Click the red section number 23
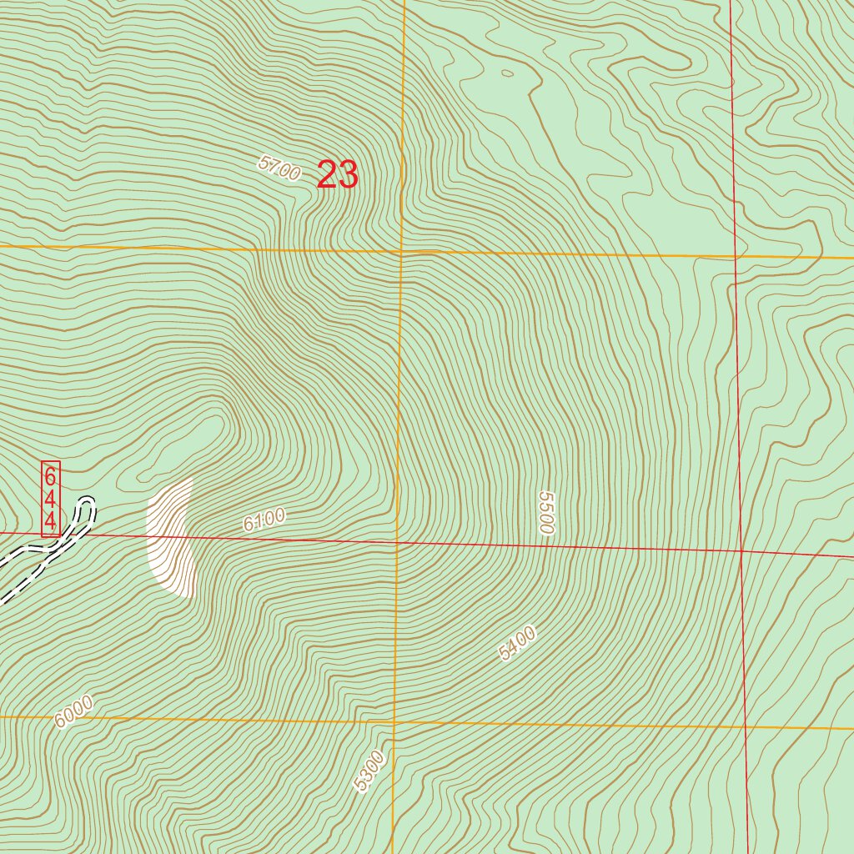[x=338, y=175]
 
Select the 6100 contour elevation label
[x=264, y=520]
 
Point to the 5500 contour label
[x=546, y=512]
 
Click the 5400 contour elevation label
[x=516, y=643]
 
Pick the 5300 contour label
[x=369, y=771]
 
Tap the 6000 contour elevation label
[x=73, y=711]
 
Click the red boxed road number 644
[x=51, y=499]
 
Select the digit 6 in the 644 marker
[x=51, y=477]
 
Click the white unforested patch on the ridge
[x=171, y=538]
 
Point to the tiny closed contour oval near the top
[x=507, y=73]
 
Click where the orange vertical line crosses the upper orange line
[x=401, y=250]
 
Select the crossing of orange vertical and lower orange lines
[x=394, y=721]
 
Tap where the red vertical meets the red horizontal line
[x=741, y=550]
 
